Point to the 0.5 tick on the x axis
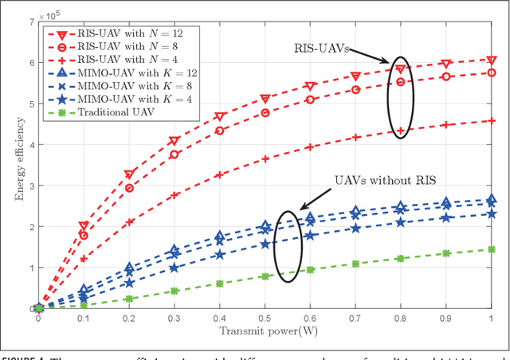point(265,318)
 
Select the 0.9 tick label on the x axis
point(446,318)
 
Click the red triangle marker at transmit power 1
point(492,60)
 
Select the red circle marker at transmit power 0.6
point(310,100)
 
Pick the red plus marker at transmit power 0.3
point(175,195)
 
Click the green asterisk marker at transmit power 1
point(492,249)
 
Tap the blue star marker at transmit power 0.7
point(355,229)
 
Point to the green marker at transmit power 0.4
point(219,284)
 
